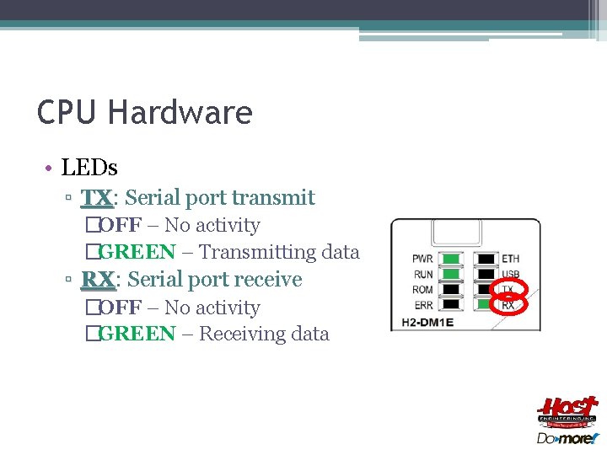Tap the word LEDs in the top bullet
89,167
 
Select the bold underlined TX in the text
96,198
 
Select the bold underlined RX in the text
97,279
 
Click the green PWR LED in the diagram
452,259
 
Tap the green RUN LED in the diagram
452,274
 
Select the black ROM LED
452,289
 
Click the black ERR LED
452,304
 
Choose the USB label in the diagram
510,274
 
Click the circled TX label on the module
508,289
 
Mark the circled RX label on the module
508,304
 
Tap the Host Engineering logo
567,414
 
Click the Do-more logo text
567,438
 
